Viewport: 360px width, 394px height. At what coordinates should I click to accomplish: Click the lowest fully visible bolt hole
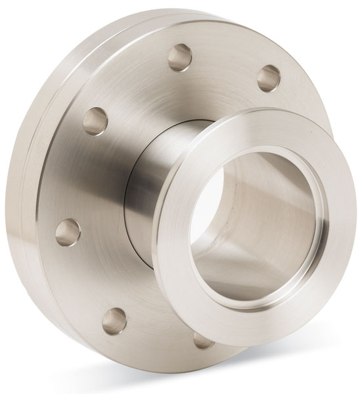115,317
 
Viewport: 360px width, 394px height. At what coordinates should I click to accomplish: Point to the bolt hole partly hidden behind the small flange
200,340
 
